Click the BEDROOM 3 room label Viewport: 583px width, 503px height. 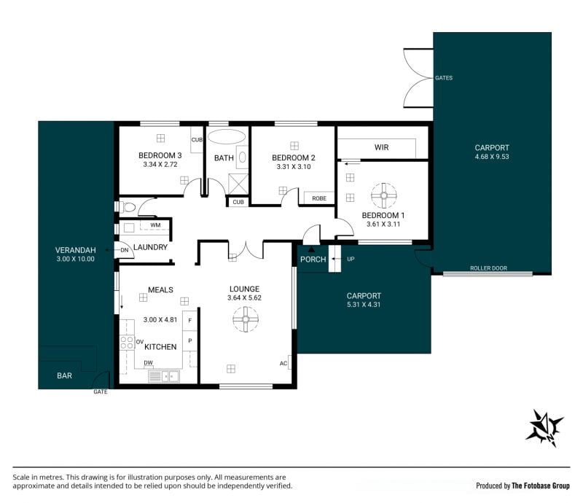pyautogui.click(x=160, y=155)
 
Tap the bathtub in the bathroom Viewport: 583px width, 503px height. pyautogui.click(x=227, y=136)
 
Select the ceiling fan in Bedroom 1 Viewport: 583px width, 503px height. pyautogui.click(x=384, y=195)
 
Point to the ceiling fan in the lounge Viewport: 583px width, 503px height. pyautogui.click(x=246, y=319)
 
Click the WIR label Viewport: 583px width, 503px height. pyautogui.click(x=381, y=147)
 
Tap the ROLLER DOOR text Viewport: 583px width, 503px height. pyautogui.click(x=488, y=268)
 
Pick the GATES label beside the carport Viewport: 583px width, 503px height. pyautogui.click(x=444, y=78)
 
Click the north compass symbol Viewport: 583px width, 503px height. pyautogui.click(x=544, y=428)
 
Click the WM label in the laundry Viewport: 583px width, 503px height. pyautogui.click(x=155, y=225)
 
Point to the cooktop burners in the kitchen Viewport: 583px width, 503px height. pyautogui.click(x=127, y=343)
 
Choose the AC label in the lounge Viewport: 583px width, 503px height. pyautogui.click(x=283, y=363)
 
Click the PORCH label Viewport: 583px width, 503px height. pyautogui.click(x=313, y=260)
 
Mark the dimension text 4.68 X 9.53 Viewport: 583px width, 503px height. pyautogui.click(x=492, y=157)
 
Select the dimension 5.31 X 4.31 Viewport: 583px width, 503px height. pyautogui.click(x=364, y=304)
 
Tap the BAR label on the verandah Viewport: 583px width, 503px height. pyautogui.click(x=64, y=375)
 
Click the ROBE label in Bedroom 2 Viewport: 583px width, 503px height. pyautogui.click(x=319, y=198)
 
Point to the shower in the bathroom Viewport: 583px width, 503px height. pyautogui.click(x=238, y=184)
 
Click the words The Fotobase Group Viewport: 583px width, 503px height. pyautogui.click(x=541, y=486)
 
